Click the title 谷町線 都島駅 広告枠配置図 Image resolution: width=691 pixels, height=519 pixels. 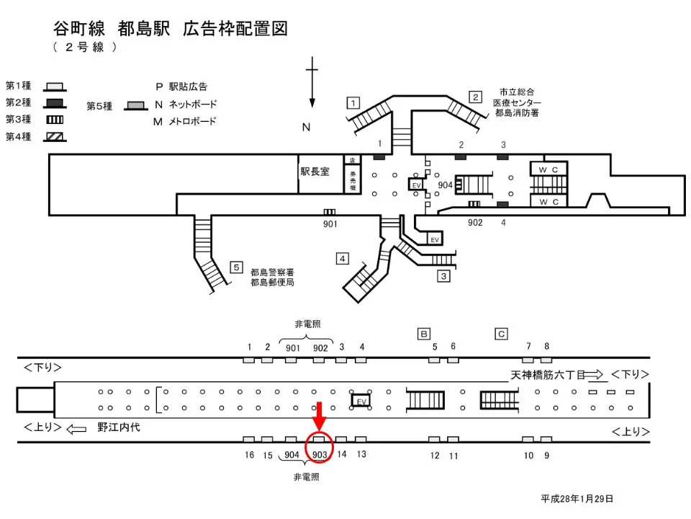click(171, 29)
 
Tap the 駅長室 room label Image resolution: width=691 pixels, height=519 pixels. click(315, 172)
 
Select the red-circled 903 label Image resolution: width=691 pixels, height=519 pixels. click(320, 454)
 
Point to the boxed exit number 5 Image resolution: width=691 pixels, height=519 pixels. click(236, 267)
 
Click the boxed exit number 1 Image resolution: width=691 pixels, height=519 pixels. click(353, 102)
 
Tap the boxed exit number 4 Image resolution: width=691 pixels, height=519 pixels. click(343, 258)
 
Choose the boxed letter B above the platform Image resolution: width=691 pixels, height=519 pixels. click(425, 333)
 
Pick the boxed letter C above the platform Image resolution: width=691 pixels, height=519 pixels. click(501, 333)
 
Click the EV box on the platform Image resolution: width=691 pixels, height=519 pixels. click(361, 400)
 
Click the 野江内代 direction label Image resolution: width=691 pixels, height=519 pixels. click(119, 427)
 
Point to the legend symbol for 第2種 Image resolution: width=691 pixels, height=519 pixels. click(55, 102)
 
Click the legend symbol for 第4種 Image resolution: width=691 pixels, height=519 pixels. click(55, 136)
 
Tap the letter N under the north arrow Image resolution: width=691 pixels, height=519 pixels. click(306, 128)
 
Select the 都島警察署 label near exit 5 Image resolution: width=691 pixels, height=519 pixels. click(272, 272)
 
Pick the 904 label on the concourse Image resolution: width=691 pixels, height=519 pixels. click(446, 185)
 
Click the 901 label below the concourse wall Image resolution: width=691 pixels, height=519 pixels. click(330, 223)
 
